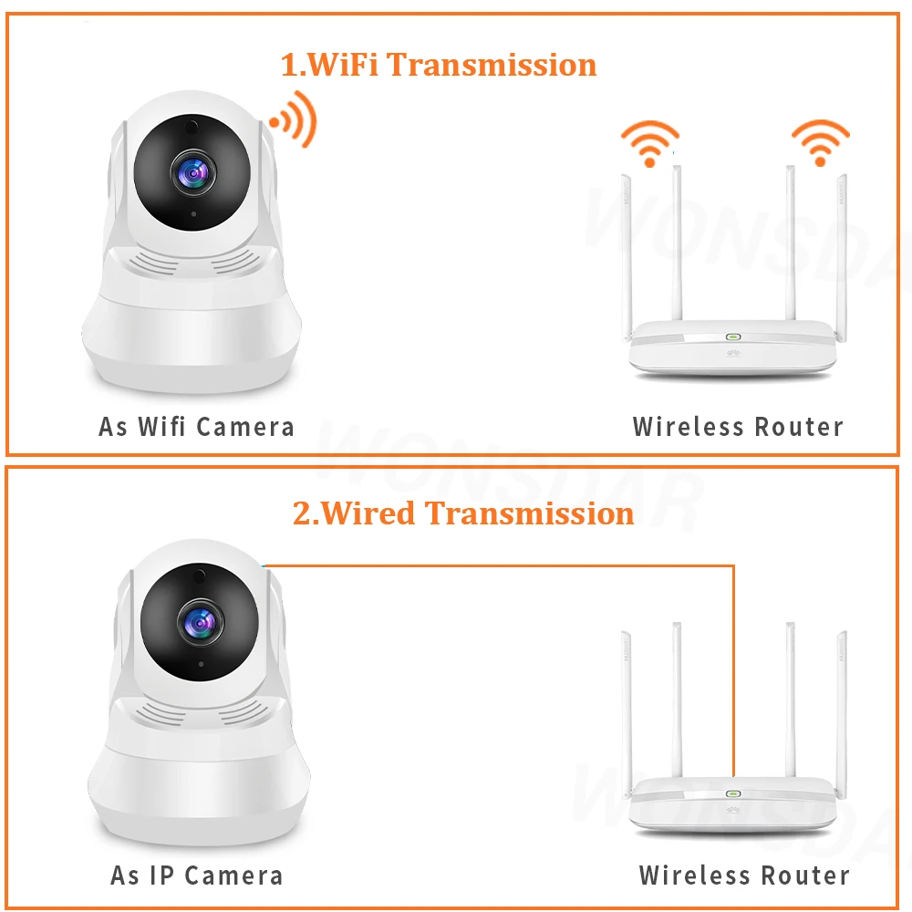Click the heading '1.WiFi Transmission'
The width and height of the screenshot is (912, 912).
click(438, 65)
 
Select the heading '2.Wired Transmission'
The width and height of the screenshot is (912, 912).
click(462, 513)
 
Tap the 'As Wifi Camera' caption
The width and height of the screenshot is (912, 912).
click(196, 426)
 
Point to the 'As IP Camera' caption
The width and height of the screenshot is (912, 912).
click(196, 876)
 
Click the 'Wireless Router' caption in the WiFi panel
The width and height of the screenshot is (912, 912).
click(738, 426)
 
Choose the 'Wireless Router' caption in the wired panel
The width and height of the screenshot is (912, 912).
click(744, 876)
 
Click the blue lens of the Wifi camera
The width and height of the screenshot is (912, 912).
click(192, 170)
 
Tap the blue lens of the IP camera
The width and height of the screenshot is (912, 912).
click(199, 622)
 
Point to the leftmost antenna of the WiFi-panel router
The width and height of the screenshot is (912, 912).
click(627, 246)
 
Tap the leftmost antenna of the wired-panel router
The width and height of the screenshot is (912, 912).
click(627, 702)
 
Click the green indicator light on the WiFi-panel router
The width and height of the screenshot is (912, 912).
click(732, 336)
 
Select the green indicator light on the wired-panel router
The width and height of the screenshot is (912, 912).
click(732, 793)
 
